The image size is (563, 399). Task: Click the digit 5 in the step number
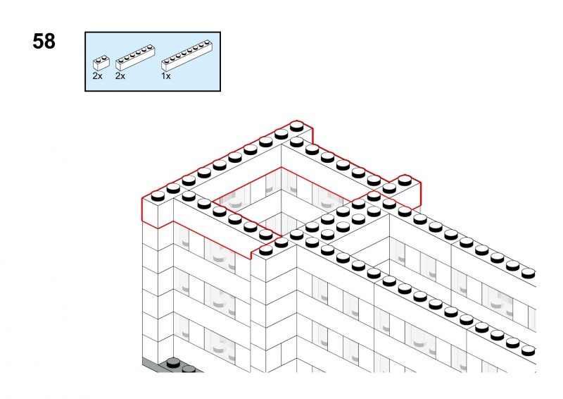pyautogui.click(x=38, y=42)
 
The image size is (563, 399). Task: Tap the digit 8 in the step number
pyautogui.click(x=49, y=42)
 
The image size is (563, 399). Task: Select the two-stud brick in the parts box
pyautogui.click(x=101, y=63)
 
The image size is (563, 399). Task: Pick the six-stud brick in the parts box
pyautogui.click(x=135, y=58)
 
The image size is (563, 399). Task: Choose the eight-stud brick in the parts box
pyautogui.click(x=186, y=55)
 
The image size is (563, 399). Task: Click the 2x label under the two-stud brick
pyautogui.click(x=97, y=76)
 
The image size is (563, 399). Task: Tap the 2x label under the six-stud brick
pyautogui.click(x=120, y=76)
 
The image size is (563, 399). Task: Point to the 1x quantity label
pyautogui.click(x=166, y=76)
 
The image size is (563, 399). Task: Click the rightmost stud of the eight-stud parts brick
pyautogui.click(x=207, y=42)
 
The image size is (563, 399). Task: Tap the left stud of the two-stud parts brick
pyautogui.click(x=98, y=59)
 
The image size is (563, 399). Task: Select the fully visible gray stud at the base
pyautogui.click(x=174, y=361)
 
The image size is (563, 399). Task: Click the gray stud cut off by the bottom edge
pyautogui.click(x=188, y=369)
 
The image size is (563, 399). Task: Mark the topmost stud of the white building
pyautogui.click(x=296, y=126)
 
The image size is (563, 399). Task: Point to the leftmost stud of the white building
pyautogui.click(x=158, y=196)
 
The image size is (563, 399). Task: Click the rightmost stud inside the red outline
pyautogui.click(x=405, y=180)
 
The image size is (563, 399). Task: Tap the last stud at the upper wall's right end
pyautogui.click(x=529, y=273)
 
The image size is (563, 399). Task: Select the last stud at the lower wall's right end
pyautogui.click(x=529, y=350)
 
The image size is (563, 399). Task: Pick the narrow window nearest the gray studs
pyautogui.click(x=182, y=328)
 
